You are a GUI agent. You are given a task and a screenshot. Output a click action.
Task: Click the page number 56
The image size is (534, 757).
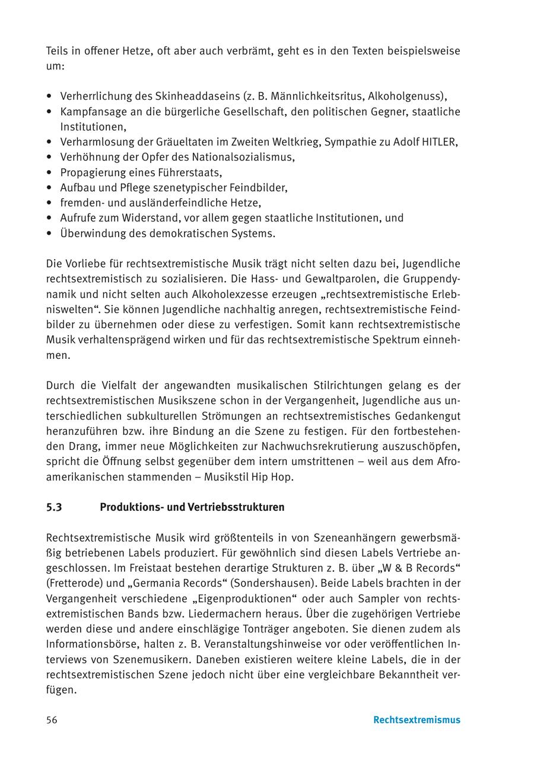pyautogui.click(x=52, y=720)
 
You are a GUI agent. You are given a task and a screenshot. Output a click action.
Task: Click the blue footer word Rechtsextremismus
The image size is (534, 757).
pyautogui.click(x=417, y=720)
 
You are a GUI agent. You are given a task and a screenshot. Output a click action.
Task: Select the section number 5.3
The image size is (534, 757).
pyautogui.click(x=54, y=507)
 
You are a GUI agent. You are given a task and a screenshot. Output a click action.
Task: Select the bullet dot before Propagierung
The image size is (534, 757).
pyautogui.click(x=49, y=173)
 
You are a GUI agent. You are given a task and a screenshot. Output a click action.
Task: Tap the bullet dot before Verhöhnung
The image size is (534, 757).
pyautogui.click(x=49, y=157)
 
